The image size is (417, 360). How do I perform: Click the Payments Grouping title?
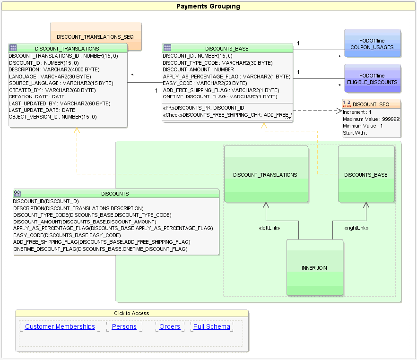point(208,7)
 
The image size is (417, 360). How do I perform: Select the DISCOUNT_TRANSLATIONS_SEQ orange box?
point(96,36)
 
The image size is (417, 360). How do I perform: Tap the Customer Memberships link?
point(60,326)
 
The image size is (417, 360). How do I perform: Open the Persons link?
point(124,326)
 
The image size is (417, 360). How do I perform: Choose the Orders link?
point(170,326)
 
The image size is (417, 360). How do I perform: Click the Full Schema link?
point(212,326)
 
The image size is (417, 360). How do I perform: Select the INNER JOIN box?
point(314,267)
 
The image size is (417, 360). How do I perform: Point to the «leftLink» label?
point(269,228)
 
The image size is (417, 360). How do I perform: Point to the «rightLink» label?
point(356,228)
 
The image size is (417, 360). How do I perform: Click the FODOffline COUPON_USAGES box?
point(372,44)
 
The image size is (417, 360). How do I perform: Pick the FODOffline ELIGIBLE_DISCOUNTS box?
point(372,78)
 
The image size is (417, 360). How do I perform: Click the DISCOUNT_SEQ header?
point(371,104)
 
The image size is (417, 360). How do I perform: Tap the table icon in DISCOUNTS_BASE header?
point(167,48)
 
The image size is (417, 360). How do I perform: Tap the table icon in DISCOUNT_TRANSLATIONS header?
point(13,48)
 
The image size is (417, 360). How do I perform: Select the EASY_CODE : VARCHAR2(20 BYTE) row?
point(205,83)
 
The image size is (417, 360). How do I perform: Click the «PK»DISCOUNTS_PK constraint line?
point(203,108)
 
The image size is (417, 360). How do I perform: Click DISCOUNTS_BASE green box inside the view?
point(366,174)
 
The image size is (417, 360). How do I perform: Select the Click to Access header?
point(131,313)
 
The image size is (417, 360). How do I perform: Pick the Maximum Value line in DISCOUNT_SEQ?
point(371,119)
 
